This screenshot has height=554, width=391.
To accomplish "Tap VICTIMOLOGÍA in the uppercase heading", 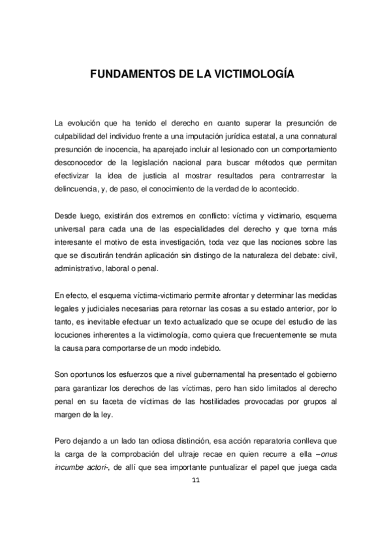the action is click(x=255, y=74).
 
